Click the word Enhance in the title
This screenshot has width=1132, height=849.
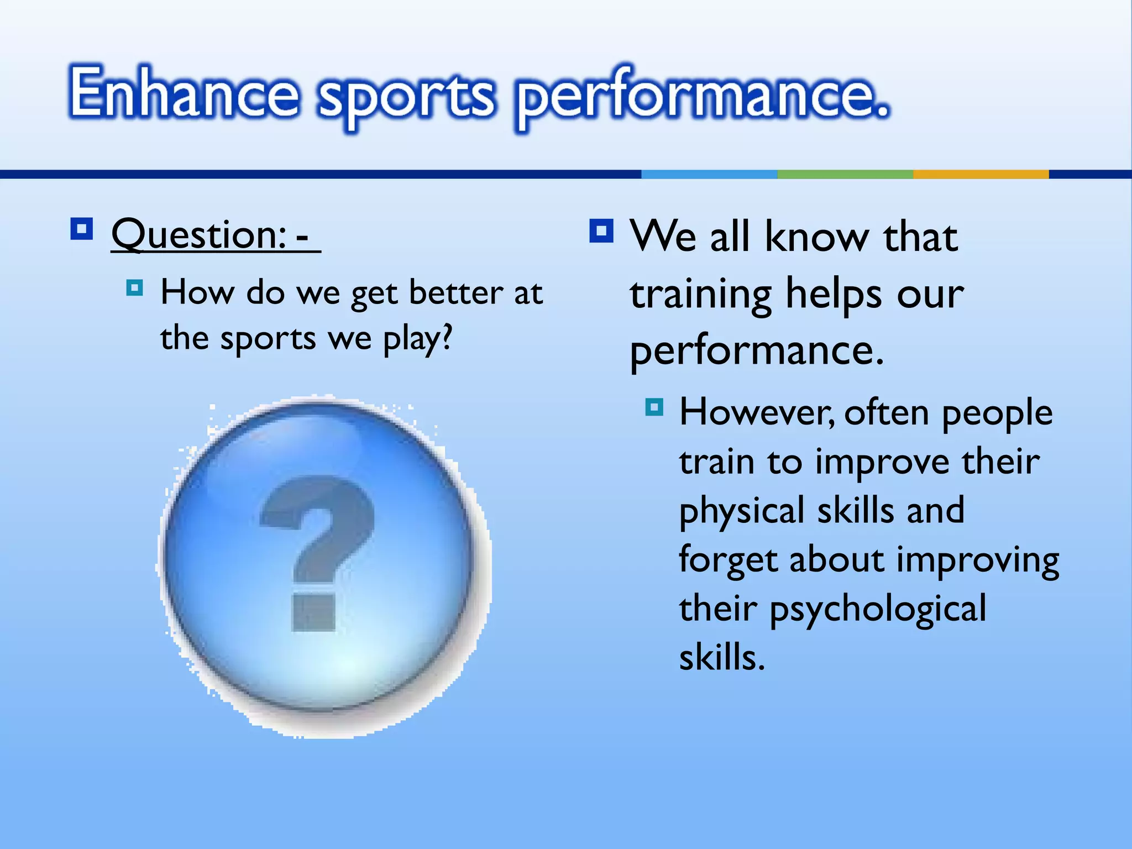pyautogui.click(x=184, y=92)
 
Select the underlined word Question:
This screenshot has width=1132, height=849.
pyautogui.click(x=199, y=235)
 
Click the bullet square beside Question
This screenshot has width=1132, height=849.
pyautogui.click(x=82, y=229)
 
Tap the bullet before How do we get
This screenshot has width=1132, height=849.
pyautogui.click(x=134, y=288)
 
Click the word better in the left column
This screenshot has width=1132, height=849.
pyautogui.click(x=455, y=292)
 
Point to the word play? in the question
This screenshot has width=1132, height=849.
pyautogui.click(x=418, y=339)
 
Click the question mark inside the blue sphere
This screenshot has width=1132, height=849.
pyautogui.click(x=316, y=553)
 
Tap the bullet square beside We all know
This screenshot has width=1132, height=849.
pyautogui.click(x=601, y=231)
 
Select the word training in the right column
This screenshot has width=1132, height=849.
pyautogui.click(x=700, y=295)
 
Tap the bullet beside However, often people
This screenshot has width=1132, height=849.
pyautogui.click(x=654, y=407)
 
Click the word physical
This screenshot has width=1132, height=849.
pyautogui.click(x=741, y=511)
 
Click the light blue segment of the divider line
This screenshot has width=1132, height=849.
pyautogui.click(x=709, y=174)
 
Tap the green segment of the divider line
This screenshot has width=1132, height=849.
pyautogui.click(x=845, y=174)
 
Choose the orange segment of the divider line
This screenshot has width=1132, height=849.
pyautogui.click(x=981, y=174)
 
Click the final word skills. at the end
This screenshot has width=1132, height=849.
pyautogui.click(x=721, y=658)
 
